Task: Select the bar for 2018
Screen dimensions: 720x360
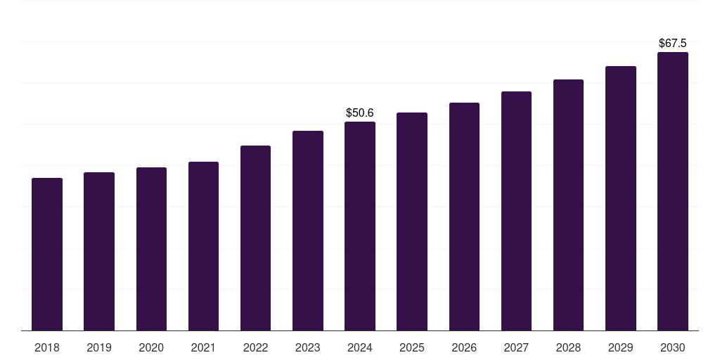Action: (x=47, y=254)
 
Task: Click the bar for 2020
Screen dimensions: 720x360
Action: (x=151, y=249)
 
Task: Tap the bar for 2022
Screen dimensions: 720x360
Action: (x=255, y=238)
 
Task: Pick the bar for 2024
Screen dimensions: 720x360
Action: (x=360, y=226)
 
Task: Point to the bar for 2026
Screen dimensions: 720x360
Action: (x=464, y=217)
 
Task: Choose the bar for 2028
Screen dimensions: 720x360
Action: (x=568, y=205)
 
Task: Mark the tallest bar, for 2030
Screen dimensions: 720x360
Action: (x=673, y=191)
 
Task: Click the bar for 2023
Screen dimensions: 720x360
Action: (x=308, y=231)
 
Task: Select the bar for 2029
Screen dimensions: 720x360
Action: (x=621, y=198)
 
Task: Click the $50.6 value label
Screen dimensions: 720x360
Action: (x=360, y=112)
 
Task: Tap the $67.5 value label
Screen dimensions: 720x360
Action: (x=673, y=43)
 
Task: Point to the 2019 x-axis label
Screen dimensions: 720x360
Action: (x=99, y=347)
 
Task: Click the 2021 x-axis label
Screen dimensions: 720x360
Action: (x=203, y=347)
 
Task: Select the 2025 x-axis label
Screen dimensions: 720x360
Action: (x=412, y=347)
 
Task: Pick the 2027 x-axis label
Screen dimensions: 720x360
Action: (x=516, y=347)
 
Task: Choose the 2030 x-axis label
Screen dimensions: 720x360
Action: (x=673, y=347)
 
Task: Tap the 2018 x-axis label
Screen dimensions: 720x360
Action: (x=47, y=347)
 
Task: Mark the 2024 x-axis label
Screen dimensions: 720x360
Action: (x=360, y=347)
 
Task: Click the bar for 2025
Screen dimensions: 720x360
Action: (x=412, y=221)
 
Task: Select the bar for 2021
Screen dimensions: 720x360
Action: (x=203, y=246)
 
